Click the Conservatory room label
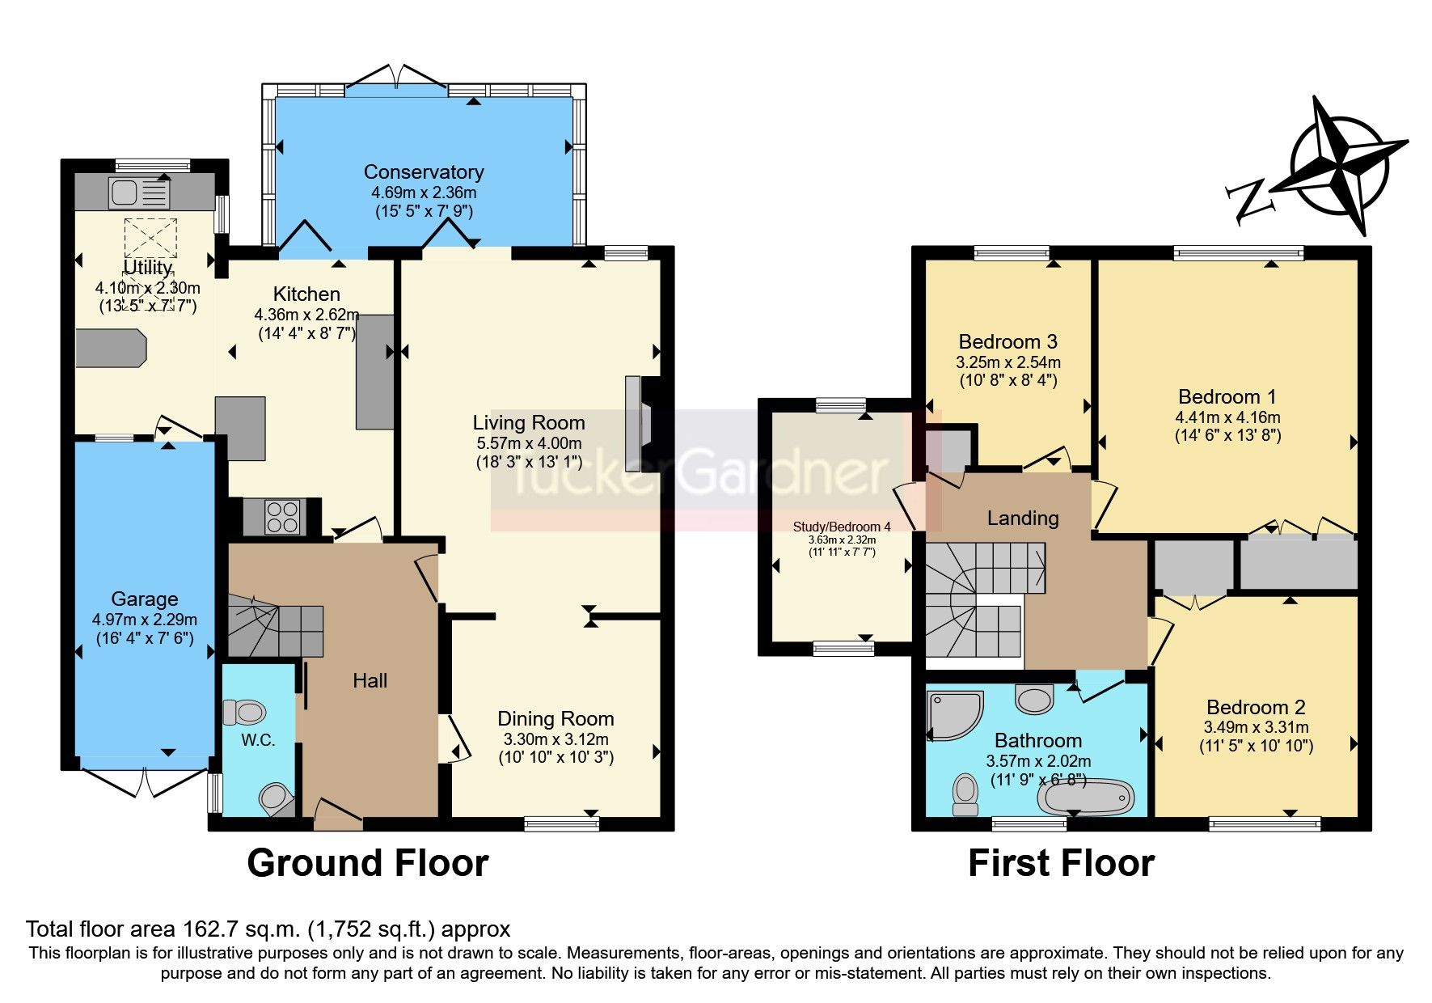click(x=424, y=172)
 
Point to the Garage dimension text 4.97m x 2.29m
click(x=145, y=620)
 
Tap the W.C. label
click(x=258, y=740)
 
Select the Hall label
click(x=370, y=681)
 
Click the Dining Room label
click(x=555, y=719)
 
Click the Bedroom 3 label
click(x=1007, y=342)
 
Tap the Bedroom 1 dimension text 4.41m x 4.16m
click(x=1227, y=417)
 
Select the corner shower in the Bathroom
click(x=954, y=714)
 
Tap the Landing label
click(x=1023, y=518)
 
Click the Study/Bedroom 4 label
click(x=842, y=527)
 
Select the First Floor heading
click(x=1061, y=864)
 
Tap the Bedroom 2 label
click(x=1256, y=708)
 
